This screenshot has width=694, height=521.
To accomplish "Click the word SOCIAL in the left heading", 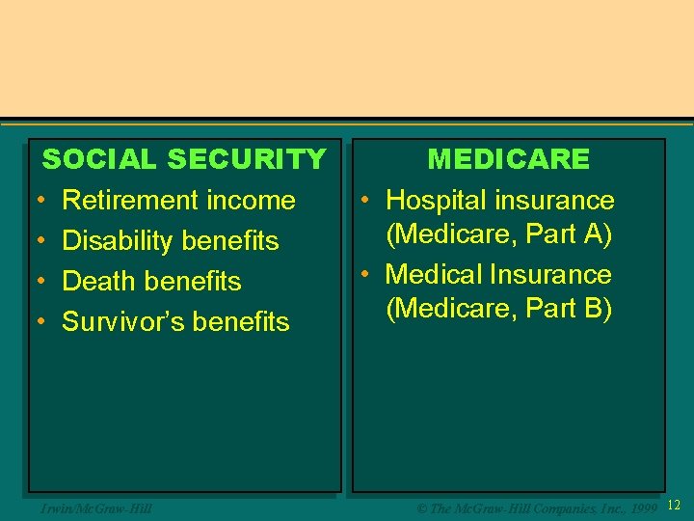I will (x=100, y=159).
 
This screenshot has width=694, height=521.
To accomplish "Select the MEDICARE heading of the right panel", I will (x=508, y=159).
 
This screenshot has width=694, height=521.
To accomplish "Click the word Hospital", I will (x=435, y=201).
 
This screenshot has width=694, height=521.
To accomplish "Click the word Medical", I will (x=433, y=275).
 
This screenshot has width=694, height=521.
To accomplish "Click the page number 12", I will (x=674, y=506).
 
